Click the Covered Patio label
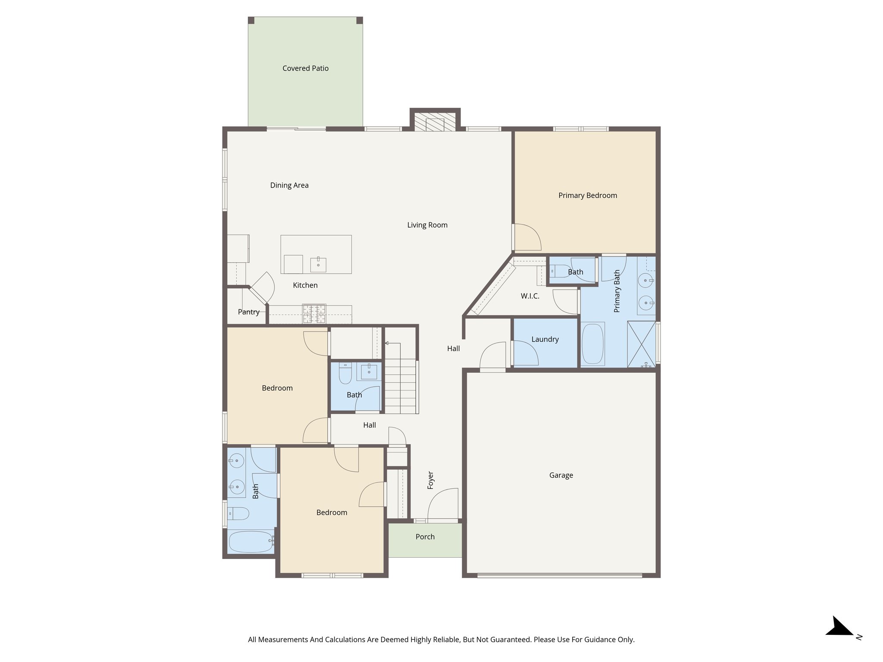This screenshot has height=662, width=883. coord(305,68)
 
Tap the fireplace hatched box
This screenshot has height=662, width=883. coord(435,122)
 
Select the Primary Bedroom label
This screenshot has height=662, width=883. coord(587,195)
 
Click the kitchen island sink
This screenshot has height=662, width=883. coord(318,264)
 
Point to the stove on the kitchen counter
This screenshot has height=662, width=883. coord(314,313)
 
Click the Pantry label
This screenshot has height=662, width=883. coord(249,312)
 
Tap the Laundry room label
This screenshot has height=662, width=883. coord(545,339)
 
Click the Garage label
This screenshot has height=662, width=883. coord(561,475)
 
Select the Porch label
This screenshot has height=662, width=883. coord(425,537)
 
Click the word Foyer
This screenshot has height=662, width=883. coord(430,480)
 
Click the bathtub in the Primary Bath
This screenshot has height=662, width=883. coord(592,343)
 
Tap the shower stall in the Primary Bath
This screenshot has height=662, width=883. coord(642,344)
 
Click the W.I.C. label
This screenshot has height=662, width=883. coord(530,296)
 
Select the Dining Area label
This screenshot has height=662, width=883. coord(289,185)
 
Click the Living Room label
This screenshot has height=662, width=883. coord(427,225)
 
